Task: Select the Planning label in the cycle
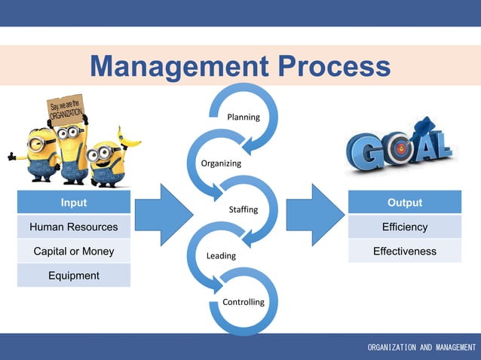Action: [x=244, y=117]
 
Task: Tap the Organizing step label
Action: [x=221, y=163]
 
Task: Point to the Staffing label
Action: [x=244, y=209]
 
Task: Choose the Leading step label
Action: [x=221, y=256]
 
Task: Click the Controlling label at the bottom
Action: [x=244, y=302]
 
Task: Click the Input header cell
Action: [x=74, y=203]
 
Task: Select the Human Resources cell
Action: [x=74, y=227]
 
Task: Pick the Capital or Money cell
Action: [x=74, y=251]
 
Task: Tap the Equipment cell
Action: [x=74, y=276]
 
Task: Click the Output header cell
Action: [x=405, y=203]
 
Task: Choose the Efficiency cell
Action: [x=405, y=227]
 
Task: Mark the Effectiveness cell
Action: [x=405, y=251]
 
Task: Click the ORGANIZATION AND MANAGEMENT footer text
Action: [x=421, y=347]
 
